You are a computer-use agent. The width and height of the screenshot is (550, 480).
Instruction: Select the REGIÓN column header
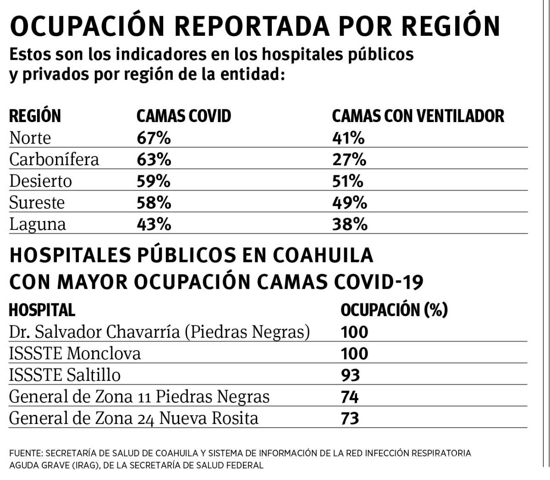(x=35, y=116)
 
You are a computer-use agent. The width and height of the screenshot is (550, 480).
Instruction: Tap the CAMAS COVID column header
(x=183, y=116)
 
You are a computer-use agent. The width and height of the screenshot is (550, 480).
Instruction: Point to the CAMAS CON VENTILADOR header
(x=418, y=116)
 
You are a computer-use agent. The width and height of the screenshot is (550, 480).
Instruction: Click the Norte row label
(x=30, y=138)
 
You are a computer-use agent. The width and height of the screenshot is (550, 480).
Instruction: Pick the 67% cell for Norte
(x=154, y=138)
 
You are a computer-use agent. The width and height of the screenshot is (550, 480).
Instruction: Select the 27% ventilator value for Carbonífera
(x=349, y=159)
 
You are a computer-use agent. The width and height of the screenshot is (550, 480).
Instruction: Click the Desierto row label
(x=40, y=181)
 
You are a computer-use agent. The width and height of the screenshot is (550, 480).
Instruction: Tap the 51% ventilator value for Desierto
(x=347, y=181)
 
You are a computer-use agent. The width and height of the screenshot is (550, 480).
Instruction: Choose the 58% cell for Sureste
(x=154, y=202)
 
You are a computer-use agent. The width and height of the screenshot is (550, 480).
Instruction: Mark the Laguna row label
(x=38, y=224)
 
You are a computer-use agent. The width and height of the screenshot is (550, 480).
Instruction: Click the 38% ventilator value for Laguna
(x=349, y=224)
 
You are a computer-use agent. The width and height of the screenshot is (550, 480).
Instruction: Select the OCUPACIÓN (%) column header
(x=394, y=310)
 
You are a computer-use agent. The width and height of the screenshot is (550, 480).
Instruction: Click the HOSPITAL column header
(x=42, y=310)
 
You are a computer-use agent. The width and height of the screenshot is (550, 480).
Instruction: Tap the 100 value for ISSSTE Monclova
(x=354, y=353)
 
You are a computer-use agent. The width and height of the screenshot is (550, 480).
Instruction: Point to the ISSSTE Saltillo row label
(x=65, y=375)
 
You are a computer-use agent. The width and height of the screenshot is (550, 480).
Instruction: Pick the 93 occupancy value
(x=350, y=375)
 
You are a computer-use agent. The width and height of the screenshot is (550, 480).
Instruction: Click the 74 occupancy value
(x=350, y=396)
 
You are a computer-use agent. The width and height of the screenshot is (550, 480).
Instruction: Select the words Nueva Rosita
(x=209, y=418)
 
